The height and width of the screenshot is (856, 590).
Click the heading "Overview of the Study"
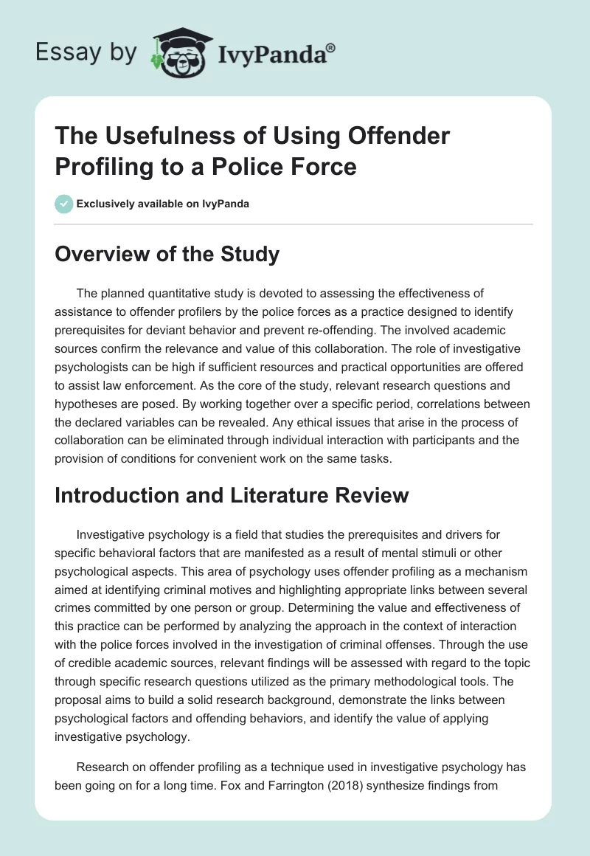[x=167, y=255]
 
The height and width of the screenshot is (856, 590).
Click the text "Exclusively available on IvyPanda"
[x=162, y=204]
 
